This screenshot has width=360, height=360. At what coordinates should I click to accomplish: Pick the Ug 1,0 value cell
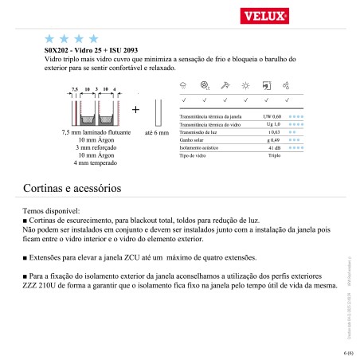coord(273,125)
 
